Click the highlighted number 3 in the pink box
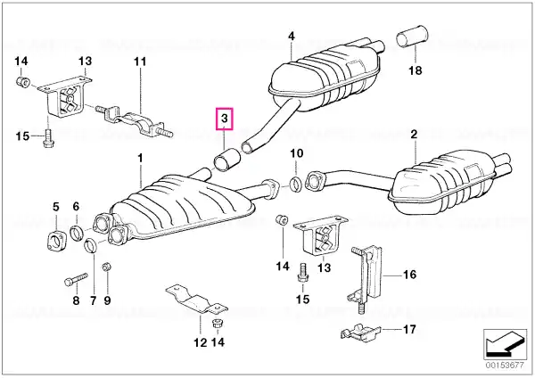pyautogui.click(x=224, y=119)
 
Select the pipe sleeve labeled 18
pyautogui.click(x=413, y=36)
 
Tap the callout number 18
pyautogui.click(x=416, y=70)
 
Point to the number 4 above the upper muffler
pyautogui.click(x=291, y=37)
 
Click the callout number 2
pyautogui.click(x=414, y=134)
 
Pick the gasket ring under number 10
pyautogui.click(x=295, y=185)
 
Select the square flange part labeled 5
pyautogui.click(x=55, y=240)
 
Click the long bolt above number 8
pyautogui.click(x=76, y=279)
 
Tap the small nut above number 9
pyautogui.click(x=107, y=266)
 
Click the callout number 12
pyautogui.click(x=201, y=342)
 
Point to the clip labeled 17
pyautogui.click(x=360, y=333)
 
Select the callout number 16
pyautogui.click(x=410, y=275)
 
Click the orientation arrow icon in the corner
pyautogui.click(x=505, y=344)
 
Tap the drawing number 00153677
pyautogui.click(x=505, y=365)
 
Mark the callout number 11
pyautogui.click(x=140, y=62)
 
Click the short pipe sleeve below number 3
pyautogui.click(x=226, y=160)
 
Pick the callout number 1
pyautogui.click(x=140, y=159)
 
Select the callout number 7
pyautogui.click(x=93, y=300)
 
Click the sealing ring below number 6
pyautogui.click(x=77, y=233)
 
